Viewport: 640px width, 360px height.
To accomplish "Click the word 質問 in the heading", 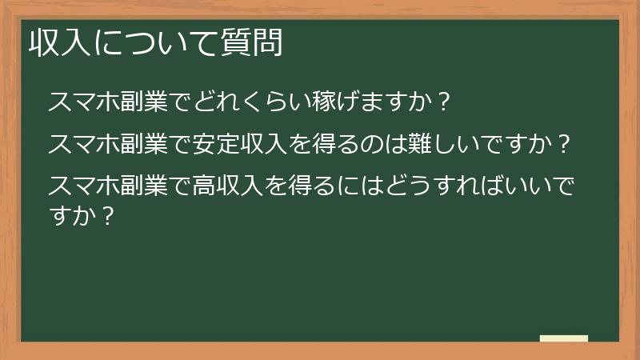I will [x=258, y=43].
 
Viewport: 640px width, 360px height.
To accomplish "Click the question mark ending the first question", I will [x=446, y=102].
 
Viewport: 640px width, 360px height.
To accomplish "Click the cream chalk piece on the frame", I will [x=564, y=338].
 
